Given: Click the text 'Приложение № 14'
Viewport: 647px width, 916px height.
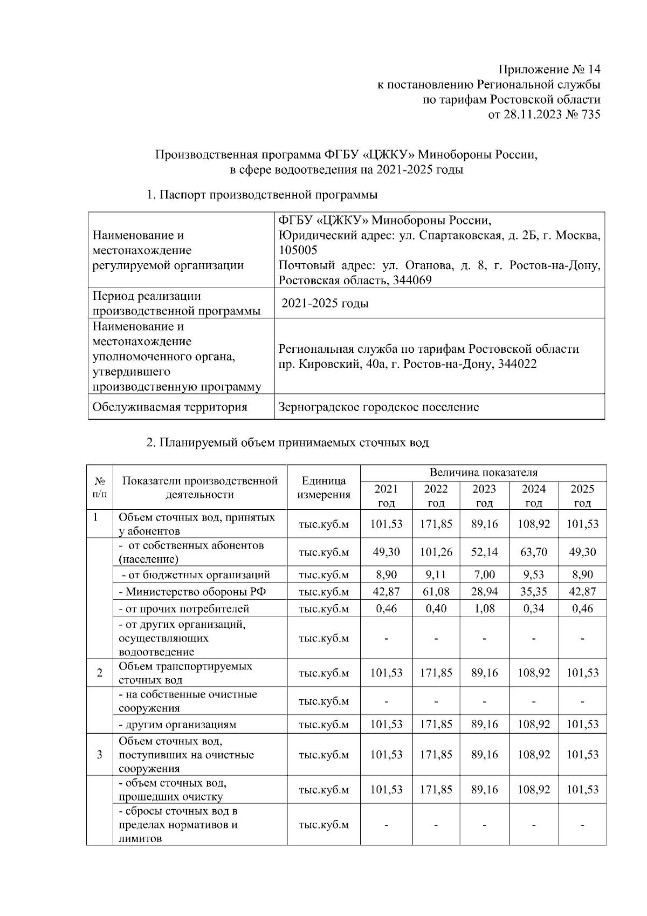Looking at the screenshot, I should click(x=548, y=70).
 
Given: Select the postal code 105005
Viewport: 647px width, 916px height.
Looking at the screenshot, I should click(x=298, y=250).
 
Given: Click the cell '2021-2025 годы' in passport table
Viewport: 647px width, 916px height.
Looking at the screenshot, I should click(x=325, y=303).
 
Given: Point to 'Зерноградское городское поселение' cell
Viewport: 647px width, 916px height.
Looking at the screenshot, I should click(x=378, y=407).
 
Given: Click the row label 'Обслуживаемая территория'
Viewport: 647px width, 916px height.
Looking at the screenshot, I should click(x=170, y=407).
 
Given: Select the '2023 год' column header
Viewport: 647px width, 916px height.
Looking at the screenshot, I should click(x=484, y=496).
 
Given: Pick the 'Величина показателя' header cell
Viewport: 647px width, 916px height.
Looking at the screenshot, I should click(x=483, y=473).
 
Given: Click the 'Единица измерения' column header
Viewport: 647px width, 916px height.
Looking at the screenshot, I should click(x=323, y=487).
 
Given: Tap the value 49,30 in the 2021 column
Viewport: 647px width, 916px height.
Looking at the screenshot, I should click(x=386, y=552).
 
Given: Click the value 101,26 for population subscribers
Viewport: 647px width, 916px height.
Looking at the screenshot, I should click(x=436, y=552).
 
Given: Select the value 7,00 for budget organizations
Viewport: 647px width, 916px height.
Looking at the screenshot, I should click(x=484, y=575).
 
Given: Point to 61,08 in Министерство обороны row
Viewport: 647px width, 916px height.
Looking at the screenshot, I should click(x=436, y=592).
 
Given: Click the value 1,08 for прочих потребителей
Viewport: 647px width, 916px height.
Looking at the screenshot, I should click(x=484, y=609).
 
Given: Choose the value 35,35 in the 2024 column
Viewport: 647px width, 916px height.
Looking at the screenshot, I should click(x=533, y=592).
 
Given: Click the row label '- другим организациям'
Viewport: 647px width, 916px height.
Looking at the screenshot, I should click(x=177, y=724).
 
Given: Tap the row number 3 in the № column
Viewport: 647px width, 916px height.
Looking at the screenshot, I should click(x=100, y=755).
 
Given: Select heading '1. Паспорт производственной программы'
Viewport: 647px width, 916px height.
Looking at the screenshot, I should click(x=262, y=195).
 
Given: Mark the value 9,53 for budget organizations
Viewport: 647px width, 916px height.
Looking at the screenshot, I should click(x=533, y=575).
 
